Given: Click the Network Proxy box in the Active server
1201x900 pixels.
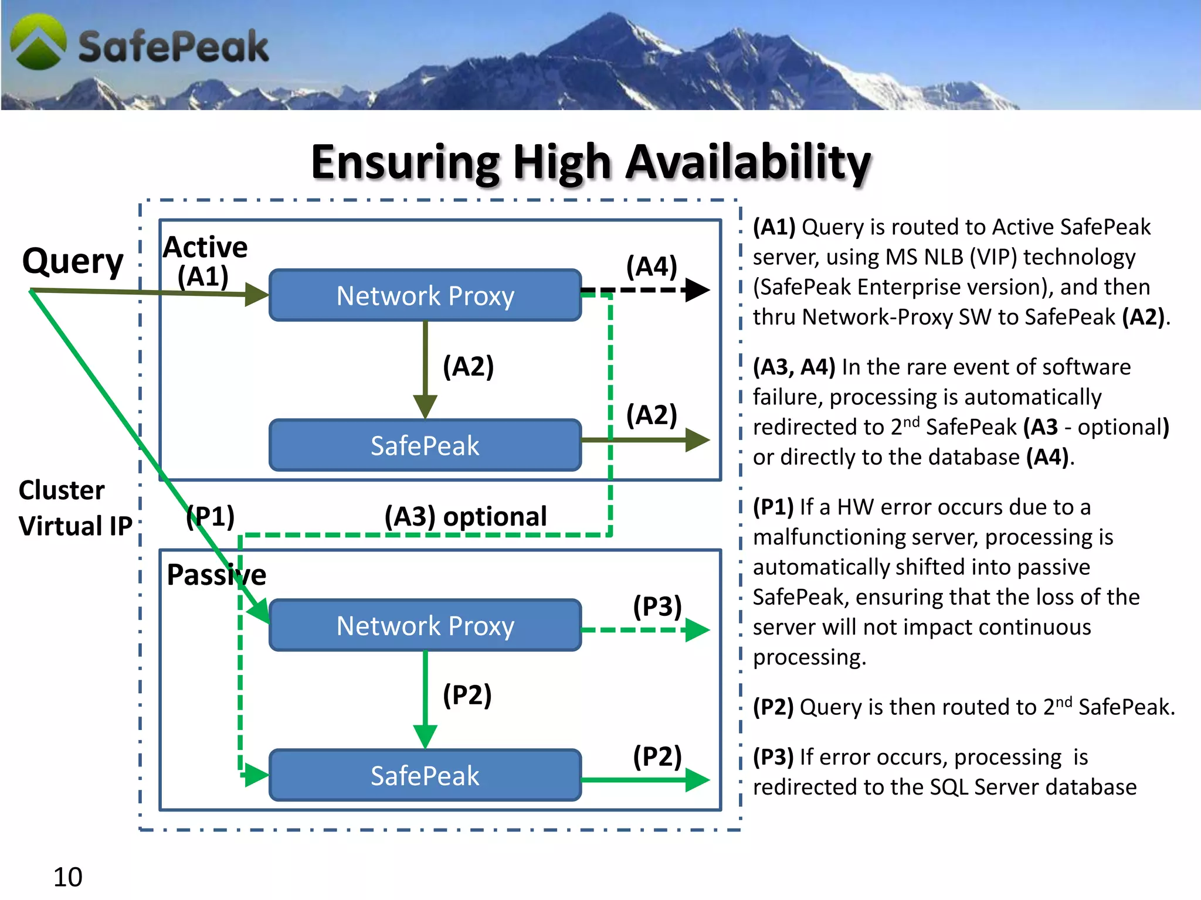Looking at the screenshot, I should pyautogui.click(x=425, y=295).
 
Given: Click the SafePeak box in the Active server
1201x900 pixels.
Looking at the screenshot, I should pyautogui.click(x=425, y=445).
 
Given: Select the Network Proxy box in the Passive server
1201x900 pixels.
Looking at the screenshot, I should pyautogui.click(x=425, y=625).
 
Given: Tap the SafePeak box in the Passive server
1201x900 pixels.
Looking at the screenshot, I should pyautogui.click(x=425, y=775).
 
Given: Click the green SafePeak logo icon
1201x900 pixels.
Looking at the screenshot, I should pyautogui.click(x=39, y=42).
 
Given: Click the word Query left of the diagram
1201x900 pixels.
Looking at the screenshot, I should pyautogui.click(x=73, y=261).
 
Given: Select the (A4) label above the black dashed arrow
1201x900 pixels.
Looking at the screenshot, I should pyautogui.click(x=652, y=267).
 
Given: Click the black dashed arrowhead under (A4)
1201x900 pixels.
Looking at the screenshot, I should pyautogui.click(x=697, y=290).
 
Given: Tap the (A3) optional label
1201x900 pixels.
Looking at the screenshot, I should pyautogui.click(x=466, y=516).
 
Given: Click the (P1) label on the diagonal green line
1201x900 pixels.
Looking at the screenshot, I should pyautogui.click(x=211, y=516).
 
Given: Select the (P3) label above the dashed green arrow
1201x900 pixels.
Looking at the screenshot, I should pyautogui.click(x=657, y=606).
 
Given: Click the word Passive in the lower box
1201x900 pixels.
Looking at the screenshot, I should pyautogui.click(x=216, y=574).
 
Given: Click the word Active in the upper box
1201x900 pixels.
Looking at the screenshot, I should pyautogui.click(x=205, y=247).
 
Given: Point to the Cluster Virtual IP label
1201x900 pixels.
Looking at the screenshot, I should pyautogui.click(x=75, y=507).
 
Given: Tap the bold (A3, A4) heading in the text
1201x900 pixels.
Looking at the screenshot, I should pyautogui.click(x=794, y=367).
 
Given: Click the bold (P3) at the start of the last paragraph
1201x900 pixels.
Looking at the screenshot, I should pyautogui.click(x=773, y=757).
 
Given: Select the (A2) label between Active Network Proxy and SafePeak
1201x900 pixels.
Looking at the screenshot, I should pyautogui.click(x=468, y=367).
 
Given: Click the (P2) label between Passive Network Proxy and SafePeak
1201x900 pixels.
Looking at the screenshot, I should pyautogui.click(x=467, y=695).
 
